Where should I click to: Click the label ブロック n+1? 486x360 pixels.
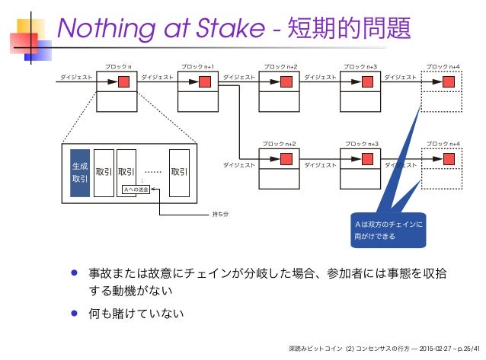coord(197,67)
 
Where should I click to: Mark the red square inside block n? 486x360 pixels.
coord(123,81)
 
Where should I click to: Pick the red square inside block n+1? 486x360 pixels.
coord(204,81)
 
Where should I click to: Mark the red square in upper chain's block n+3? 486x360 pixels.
coord(368,81)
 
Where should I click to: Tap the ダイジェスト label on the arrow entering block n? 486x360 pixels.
coord(77,77)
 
